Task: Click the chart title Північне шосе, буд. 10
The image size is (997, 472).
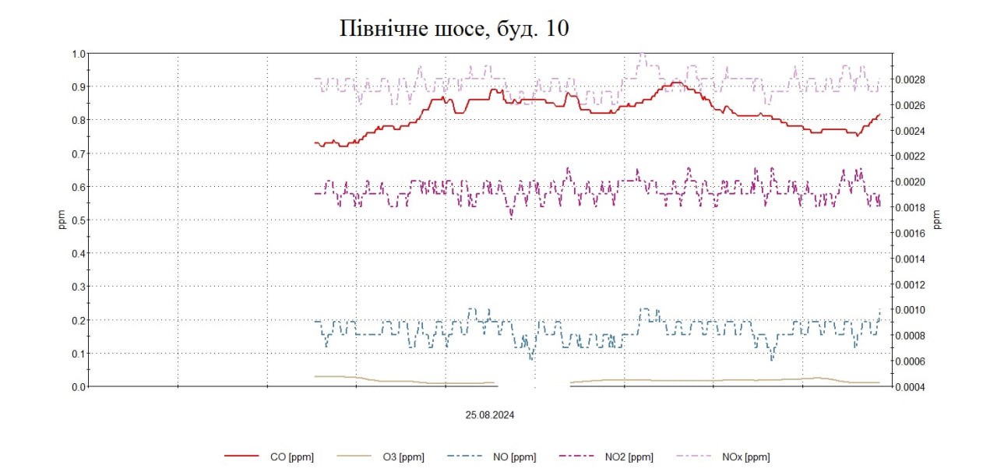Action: [455, 29]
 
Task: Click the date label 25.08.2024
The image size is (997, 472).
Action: [490, 415]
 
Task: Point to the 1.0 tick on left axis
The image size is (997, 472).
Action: [78, 54]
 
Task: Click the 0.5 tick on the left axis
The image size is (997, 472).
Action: [78, 220]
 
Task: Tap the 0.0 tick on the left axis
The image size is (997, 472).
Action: [78, 386]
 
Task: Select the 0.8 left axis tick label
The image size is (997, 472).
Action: [78, 120]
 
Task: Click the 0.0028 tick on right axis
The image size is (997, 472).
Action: [910, 79]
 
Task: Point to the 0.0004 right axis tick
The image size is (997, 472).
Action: [910, 387]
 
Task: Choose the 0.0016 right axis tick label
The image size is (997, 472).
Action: [910, 233]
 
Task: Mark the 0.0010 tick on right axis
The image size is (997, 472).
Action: [910, 310]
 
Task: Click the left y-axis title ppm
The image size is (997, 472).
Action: [63, 220]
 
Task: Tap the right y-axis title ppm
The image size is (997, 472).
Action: [937, 220]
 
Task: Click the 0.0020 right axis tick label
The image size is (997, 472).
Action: [910, 181]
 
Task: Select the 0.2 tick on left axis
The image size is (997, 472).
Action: [78, 320]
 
